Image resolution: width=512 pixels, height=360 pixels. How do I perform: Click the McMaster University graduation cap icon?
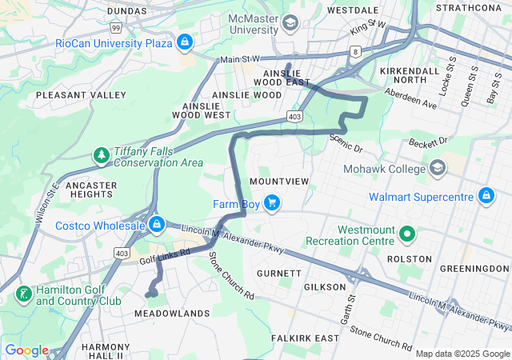[290, 22]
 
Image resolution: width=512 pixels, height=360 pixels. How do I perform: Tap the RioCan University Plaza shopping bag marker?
[185, 40]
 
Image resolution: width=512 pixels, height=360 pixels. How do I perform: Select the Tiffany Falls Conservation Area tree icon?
[102, 154]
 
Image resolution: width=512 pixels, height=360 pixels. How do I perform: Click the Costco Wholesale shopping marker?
[157, 223]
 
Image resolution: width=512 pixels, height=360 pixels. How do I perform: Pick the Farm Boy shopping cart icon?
[272, 202]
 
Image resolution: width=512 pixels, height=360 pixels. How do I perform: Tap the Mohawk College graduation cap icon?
[438, 168]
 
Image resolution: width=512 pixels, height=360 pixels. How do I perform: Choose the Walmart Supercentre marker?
[486, 195]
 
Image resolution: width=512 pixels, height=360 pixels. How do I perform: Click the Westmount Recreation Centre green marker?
[406, 234]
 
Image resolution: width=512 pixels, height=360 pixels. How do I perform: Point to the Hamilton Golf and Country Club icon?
[24, 294]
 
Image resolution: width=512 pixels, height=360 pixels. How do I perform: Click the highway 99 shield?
[116, 27]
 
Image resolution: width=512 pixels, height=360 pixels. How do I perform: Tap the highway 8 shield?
[354, 51]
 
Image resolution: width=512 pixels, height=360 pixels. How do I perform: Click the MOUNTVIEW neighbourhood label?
[278, 182]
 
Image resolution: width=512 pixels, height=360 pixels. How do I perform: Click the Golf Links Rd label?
[164, 255]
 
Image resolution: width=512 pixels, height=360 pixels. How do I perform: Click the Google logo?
[26, 350]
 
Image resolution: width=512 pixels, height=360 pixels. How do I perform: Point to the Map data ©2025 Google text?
[462, 353]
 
